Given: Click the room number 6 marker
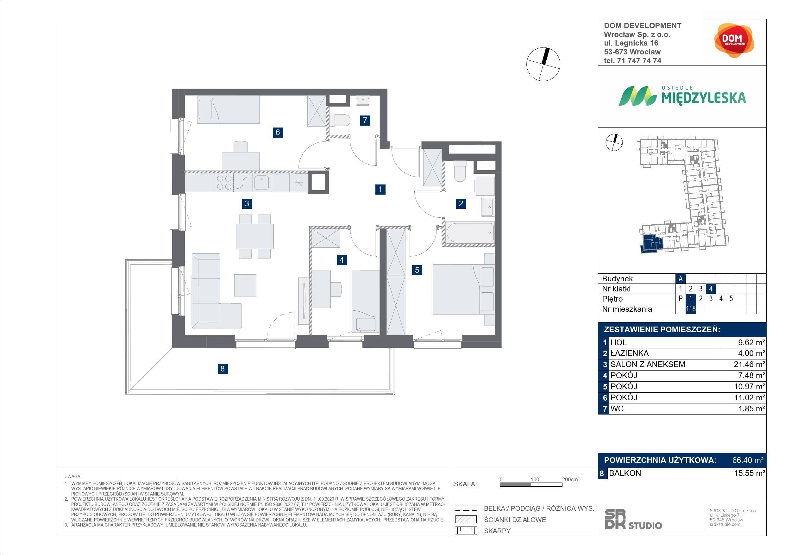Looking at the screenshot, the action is [278, 132].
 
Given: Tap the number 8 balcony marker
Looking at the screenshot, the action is [223, 368].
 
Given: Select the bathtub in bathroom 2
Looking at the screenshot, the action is [470, 233].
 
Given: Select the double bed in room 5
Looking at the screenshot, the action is [464, 289].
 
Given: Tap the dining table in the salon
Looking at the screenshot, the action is [255, 236].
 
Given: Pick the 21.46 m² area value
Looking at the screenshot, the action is [749, 364].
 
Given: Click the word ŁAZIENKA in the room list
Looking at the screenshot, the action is [630, 353].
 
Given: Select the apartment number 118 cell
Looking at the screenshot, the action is [691, 309].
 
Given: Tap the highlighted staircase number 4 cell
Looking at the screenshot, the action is [711, 289].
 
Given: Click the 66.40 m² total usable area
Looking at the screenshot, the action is [748, 460].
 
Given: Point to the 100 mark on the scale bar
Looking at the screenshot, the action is [535, 479].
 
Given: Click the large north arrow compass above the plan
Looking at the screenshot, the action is [543, 64].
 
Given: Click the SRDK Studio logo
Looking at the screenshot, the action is [633, 520].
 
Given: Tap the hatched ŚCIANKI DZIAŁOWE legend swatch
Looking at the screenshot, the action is [466, 520].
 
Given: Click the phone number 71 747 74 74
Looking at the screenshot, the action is [632, 61].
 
